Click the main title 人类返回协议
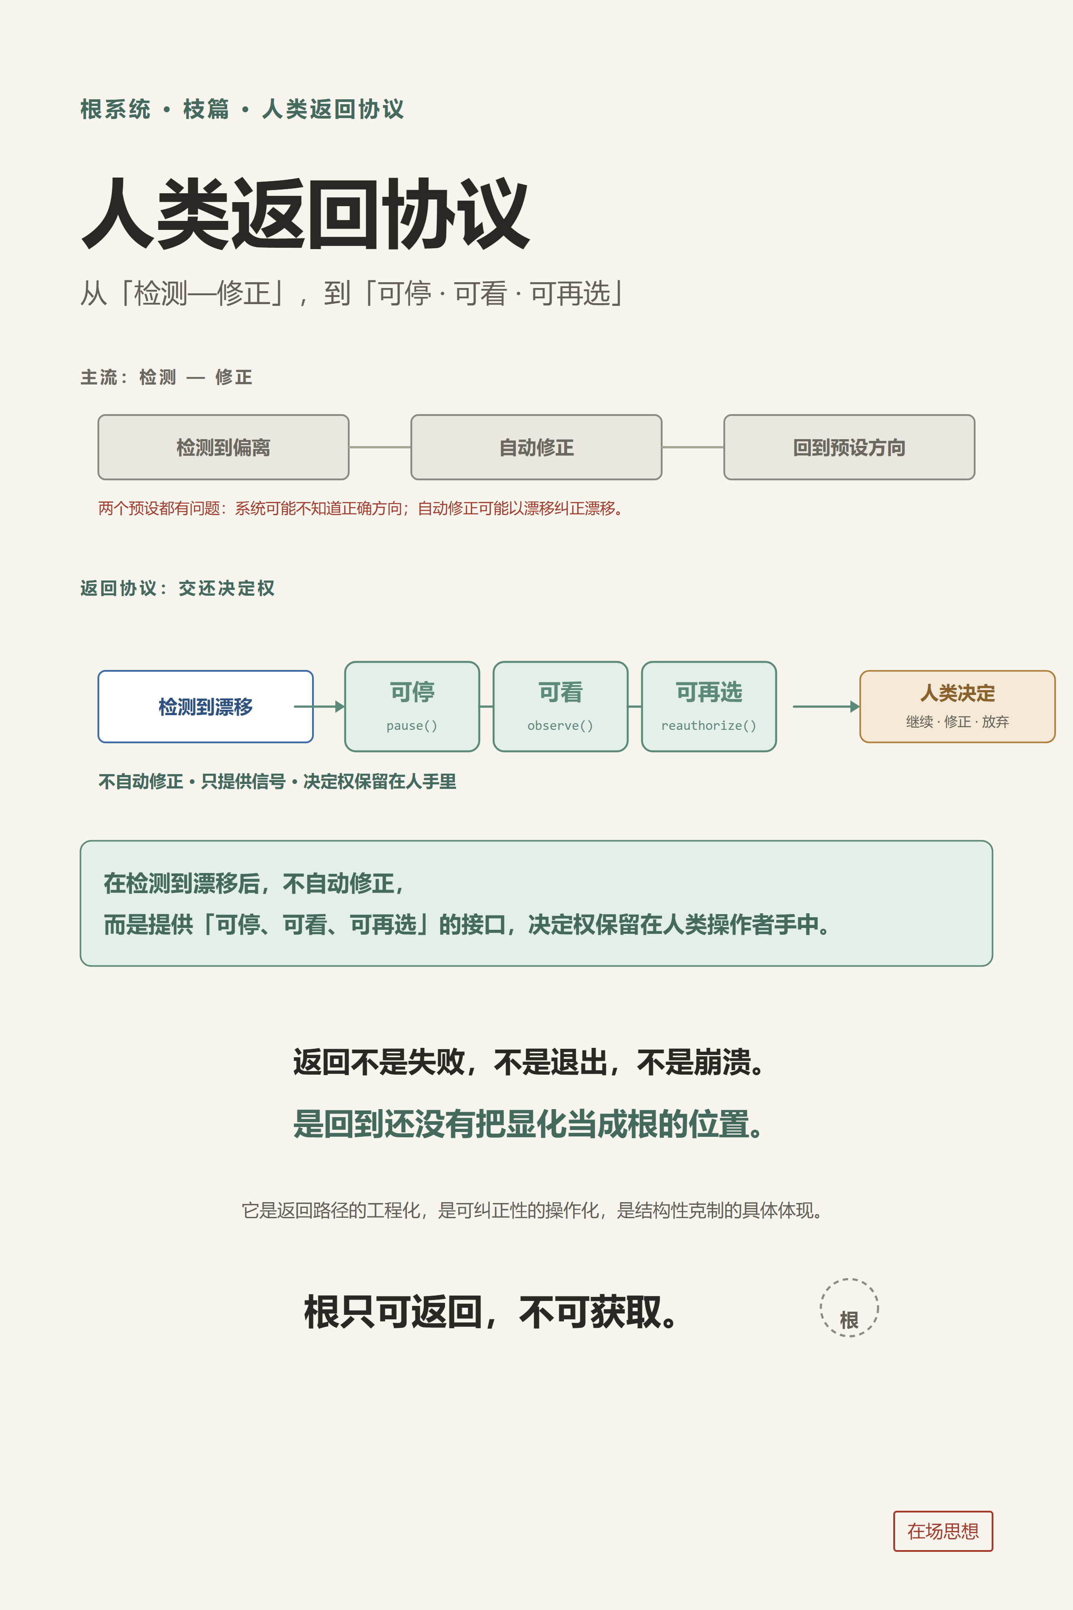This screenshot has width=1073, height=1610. [x=305, y=214]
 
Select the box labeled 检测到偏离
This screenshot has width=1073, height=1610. [x=223, y=447]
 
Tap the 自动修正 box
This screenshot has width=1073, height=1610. [x=536, y=447]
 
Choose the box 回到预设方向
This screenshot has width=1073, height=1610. [x=849, y=447]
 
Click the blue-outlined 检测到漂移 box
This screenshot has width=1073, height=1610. [x=205, y=707]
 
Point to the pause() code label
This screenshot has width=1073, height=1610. [x=412, y=725]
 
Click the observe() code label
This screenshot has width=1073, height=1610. [x=561, y=725]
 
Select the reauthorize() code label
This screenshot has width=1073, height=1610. [x=709, y=725]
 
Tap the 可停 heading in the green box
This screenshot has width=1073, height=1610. [x=412, y=692]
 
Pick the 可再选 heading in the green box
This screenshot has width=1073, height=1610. [x=709, y=692]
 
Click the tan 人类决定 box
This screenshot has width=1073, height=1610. [x=957, y=707]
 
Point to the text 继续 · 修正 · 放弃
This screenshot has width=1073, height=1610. [x=957, y=721]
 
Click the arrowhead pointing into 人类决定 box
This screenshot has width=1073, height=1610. [x=855, y=707]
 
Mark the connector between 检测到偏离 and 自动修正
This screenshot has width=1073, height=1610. [x=380, y=447]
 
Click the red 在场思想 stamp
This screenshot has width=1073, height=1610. [x=943, y=1531]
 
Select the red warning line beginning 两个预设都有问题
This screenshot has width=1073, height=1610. [x=361, y=508]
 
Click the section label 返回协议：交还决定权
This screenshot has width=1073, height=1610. [x=177, y=588]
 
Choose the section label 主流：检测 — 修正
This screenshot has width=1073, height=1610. [x=166, y=377]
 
